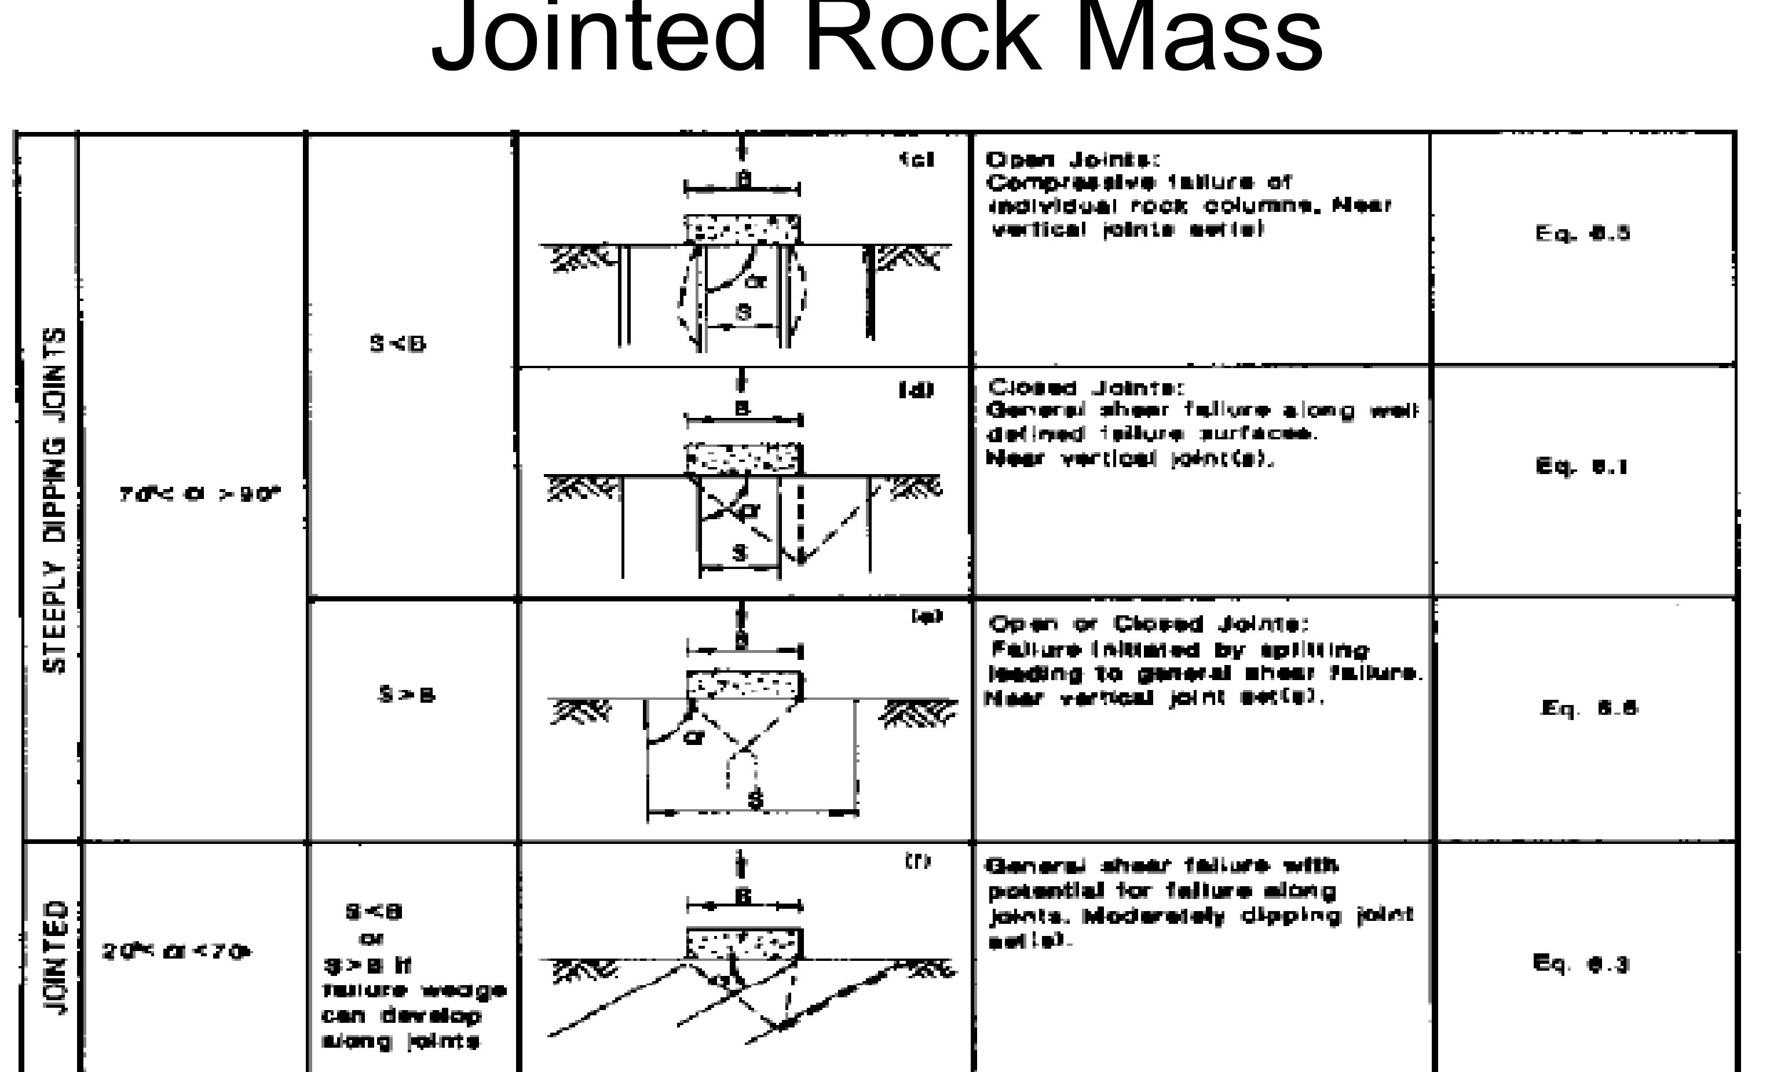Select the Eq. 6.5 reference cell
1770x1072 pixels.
pyautogui.click(x=1582, y=234)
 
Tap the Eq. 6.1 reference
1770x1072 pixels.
pyautogui.click(x=1581, y=467)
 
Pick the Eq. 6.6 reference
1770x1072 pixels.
pyautogui.click(x=1589, y=708)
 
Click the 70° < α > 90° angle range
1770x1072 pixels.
pyautogui.click(x=200, y=495)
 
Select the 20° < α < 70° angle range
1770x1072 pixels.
pyautogui.click(x=177, y=953)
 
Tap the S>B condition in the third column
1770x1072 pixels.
pyautogui.click(x=407, y=695)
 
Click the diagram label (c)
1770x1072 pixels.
pyautogui.click(x=918, y=159)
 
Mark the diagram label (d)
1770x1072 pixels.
pyautogui.click(x=917, y=391)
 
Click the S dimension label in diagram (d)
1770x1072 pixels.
pyautogui.click(x=740, y=553)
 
